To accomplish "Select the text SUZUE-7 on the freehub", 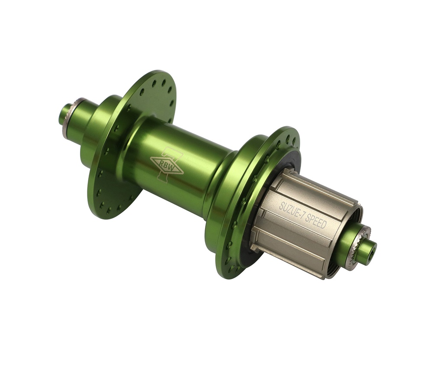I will [x=292, y=209].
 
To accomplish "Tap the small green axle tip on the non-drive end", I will [x=64, y=114].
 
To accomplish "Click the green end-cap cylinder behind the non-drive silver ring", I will [x=82, y=124].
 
